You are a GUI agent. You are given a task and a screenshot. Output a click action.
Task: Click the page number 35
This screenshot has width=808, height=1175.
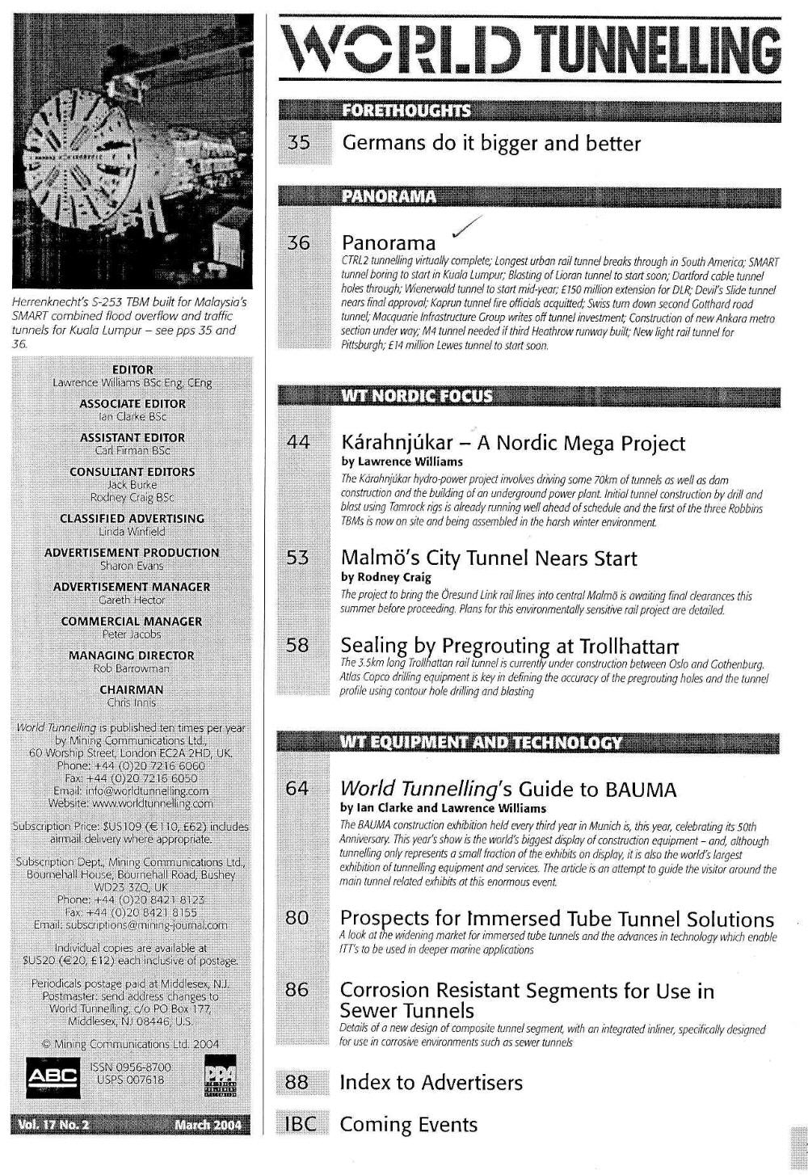point(299,144)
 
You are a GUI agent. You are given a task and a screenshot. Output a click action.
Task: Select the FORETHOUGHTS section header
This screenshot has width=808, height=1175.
point(406,111)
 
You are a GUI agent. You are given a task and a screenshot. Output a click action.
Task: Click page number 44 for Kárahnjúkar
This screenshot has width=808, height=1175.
point(298,442)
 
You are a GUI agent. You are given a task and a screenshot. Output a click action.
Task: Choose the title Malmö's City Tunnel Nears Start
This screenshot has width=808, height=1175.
point(489,558)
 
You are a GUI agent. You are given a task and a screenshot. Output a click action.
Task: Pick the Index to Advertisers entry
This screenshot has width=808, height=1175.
point(431,1082)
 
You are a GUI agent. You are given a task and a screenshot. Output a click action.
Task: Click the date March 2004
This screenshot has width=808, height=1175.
point(207,1125)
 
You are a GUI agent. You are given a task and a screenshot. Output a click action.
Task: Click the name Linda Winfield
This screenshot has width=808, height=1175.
point(132,532)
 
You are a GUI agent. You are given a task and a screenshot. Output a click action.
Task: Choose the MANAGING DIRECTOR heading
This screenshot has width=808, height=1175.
point(132,655)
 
